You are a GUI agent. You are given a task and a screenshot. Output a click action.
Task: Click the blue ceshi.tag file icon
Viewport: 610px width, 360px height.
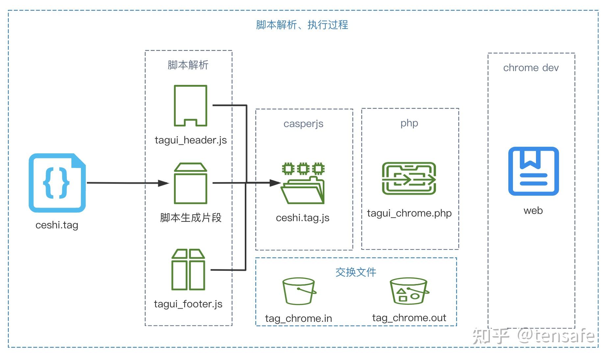pyautogui.click(x=57, y=183)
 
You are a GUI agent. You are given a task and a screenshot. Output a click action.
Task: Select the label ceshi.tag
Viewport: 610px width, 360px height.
pyautogui.click(x=57, y=225)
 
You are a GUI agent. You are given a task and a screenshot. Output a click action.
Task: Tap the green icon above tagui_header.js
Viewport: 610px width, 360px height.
pyautogui.click(x=191, y=106)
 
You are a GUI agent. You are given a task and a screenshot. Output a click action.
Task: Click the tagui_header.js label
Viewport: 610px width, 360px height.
pyautogui.click(x=191, y=140)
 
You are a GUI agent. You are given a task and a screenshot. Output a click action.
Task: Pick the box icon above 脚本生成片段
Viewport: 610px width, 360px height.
pyautogui.click(x=191, y=183)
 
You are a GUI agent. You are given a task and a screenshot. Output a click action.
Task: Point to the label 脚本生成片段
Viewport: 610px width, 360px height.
pyautogui.click(x=191, y=218)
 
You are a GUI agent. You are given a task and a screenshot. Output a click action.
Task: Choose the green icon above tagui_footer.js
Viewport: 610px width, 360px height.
pyautogui.click(x=188, y=270)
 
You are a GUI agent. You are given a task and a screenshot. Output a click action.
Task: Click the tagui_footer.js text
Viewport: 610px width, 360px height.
pyautogui.click(x=188, y=304)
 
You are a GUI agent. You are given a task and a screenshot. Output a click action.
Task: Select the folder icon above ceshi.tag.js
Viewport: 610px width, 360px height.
pyautogui.click(x=303, y=183)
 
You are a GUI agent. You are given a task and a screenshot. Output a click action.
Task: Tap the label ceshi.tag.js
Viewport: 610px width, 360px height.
pyautogui.click(x=303, y=218)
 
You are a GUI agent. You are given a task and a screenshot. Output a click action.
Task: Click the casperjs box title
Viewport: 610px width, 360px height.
pyautogui.click(x=303, y=124)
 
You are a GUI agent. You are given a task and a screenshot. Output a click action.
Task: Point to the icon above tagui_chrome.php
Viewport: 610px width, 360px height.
pyautogui.click(x=409, y=178)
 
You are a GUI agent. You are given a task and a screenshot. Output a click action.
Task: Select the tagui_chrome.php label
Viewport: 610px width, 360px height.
pyautogui.click(x=409, y=213)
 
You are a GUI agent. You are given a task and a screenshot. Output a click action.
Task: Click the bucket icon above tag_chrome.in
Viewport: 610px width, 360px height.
pyautogui.click(x=299, y=291)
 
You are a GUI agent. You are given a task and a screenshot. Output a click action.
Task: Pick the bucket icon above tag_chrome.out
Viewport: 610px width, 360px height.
pyautogui.click(x=409, y=291)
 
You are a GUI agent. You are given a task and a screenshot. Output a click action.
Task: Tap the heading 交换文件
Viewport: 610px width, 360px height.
pyautogui.click(x=356, y=272)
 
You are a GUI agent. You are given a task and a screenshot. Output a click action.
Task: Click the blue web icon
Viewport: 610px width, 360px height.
pyautogui.click(x=533, y=171)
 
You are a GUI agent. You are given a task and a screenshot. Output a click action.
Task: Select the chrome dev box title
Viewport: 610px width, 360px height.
pyautogui.click(x=531, y=68)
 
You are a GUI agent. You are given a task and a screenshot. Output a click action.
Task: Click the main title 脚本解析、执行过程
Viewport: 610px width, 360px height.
pyautogui.click(x=302, y=25)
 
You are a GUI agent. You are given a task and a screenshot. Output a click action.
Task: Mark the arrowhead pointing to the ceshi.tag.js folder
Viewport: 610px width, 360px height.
pyautogui.click(x=275, y=183)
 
